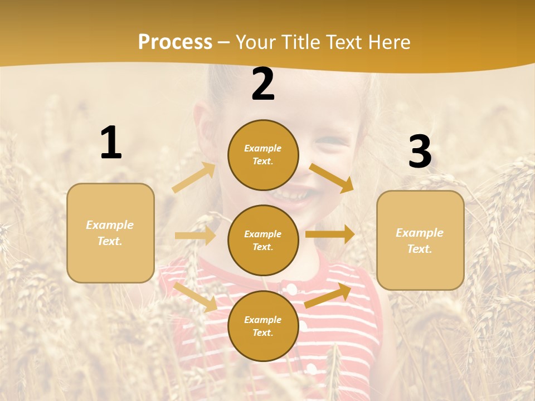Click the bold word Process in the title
coord(175,42)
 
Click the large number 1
coord(111,143)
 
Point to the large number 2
coord(263,85)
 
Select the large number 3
coord(420,152)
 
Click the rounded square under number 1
coord(110,233)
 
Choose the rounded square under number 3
coord(420,241)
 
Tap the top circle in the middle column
coord(263,155)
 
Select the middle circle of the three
coord(263,240)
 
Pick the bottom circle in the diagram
coord(263,326)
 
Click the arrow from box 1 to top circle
coord(194,178)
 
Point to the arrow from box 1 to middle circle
coord(195,236)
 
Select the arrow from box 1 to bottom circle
coord(195,296)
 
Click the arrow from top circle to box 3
coord(331,178)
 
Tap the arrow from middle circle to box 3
coord(330,234)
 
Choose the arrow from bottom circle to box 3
coord(328,296)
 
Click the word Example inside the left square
coord(110,225)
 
